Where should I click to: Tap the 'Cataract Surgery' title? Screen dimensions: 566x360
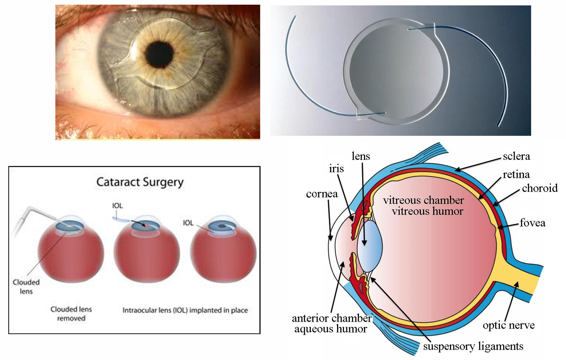pos(140,183)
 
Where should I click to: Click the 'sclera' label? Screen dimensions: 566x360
pos(516,156)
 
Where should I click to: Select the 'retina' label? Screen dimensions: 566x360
pos(516,175)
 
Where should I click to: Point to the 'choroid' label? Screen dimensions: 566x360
pos(540,188)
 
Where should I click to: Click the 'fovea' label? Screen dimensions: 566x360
pos(533,223)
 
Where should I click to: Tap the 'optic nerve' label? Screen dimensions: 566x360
pos(509,326)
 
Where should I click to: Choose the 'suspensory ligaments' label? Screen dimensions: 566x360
pos(473,346)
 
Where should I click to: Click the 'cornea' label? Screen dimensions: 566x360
pos(322,194)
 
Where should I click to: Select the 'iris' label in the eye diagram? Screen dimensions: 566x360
pos(336,169)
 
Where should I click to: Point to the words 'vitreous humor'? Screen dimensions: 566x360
pos(428,211)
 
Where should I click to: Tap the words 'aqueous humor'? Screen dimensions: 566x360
pos(331,329)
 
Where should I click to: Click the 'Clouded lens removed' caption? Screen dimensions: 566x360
pos(71,314)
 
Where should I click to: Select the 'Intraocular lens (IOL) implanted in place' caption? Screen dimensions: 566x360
pos(185,310)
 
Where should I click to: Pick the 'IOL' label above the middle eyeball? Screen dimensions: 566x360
pos(118,206)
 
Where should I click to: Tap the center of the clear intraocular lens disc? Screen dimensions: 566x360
pos(396,71)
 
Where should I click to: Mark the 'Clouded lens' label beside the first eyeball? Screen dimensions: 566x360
pos(26,287)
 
